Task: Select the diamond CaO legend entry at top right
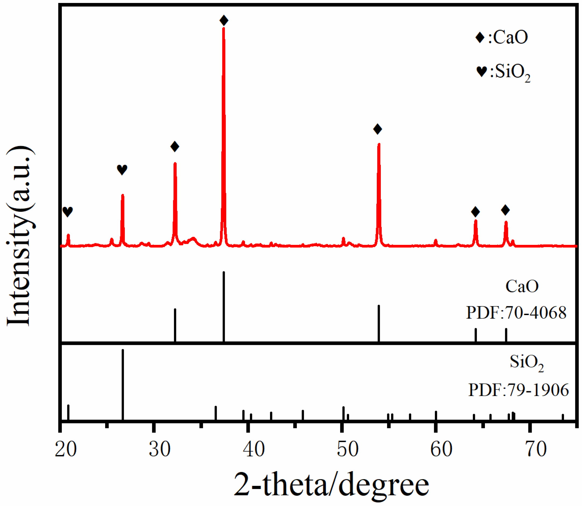pos(502,37)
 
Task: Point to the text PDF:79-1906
pos(518,390)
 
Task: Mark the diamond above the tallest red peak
pos(224,20)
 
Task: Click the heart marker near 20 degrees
pos(68,211)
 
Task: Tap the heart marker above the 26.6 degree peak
pos(122,170)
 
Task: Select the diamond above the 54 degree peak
pos(377,129)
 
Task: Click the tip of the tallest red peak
pos(223,28)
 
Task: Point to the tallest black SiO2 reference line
pos(123,384)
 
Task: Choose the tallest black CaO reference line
pos(224,306)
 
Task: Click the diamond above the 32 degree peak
pos(175,147)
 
